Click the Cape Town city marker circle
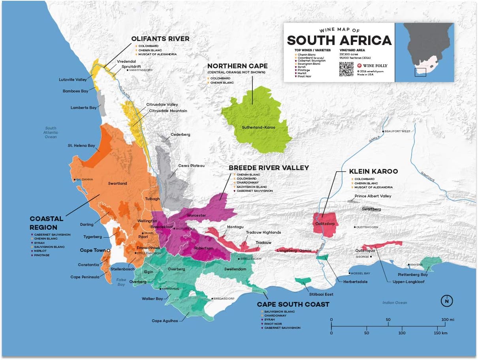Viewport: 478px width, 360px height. pos(108,250)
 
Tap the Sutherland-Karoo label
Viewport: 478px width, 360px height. pos(258,127)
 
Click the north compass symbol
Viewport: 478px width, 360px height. pos(446,301)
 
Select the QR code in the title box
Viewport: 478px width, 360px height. pos(346,69)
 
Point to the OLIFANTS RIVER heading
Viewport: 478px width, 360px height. pos(160,39)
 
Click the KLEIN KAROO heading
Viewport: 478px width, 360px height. pos(373,172)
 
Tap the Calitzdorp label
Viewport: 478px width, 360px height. pos(325,223)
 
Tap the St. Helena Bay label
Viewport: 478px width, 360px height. pos(82,146)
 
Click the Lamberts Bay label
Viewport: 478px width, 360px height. pos(84,107)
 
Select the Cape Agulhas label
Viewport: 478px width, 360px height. pos(165,321)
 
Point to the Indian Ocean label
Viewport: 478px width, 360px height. pos(394,303)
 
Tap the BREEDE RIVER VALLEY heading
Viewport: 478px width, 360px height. pos(269,168)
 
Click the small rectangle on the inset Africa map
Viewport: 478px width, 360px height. pos(420,72)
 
